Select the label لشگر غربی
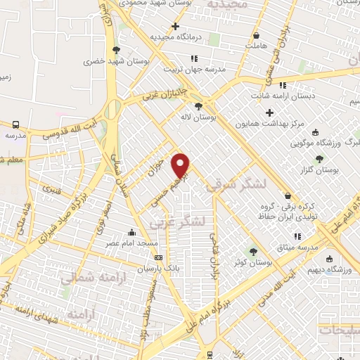click(x=178, y=222)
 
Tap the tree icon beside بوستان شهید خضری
click(x=116, y=50)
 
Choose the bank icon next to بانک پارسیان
click(x=158, y=257)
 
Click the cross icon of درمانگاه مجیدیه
click(x=176, y=26)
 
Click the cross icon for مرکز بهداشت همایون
click(x=269, y=112)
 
